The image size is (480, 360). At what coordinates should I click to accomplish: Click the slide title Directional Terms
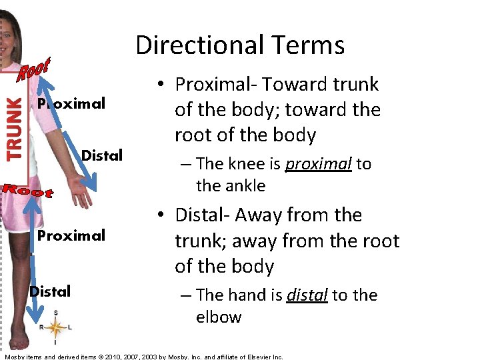pos(240,45)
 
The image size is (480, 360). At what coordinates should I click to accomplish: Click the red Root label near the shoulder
pos(34,68)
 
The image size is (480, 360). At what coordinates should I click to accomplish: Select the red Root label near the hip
pos(27,191)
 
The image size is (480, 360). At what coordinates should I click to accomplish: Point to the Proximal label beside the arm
pos(71,103)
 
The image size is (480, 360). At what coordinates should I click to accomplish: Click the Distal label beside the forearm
pos(101,156)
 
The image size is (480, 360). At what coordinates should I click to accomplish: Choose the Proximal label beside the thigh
pos(71,235)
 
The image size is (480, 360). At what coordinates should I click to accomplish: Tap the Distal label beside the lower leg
pos(50,291)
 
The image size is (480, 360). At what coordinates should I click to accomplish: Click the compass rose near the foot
pos(55,327)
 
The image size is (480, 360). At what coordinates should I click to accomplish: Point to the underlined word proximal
pos(318,164)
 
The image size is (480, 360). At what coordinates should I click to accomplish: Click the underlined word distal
pos(307,295)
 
